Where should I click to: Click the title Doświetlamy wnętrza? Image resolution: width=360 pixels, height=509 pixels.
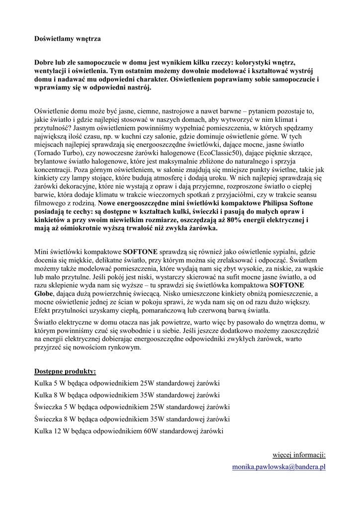(x=67, y=38)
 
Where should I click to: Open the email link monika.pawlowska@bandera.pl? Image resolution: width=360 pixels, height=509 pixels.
(x=278, y=467)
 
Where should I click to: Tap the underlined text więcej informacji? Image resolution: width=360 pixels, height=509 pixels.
(x=299, y=454)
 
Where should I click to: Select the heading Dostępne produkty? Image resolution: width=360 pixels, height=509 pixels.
(x=65, y=371)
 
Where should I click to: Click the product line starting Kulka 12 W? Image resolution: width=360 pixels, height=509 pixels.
(x=129, y=431)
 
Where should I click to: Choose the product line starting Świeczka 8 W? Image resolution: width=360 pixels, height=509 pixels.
(x=132, y=419)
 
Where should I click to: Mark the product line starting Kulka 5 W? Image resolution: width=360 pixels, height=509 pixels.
(x=127, y=383)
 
